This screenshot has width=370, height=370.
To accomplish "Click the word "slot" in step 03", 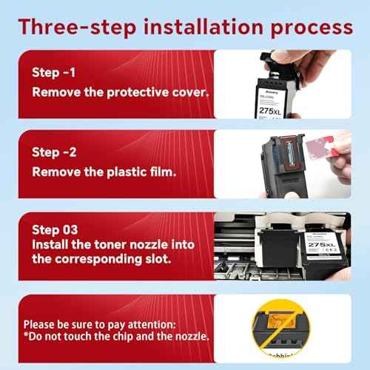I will (154, 260).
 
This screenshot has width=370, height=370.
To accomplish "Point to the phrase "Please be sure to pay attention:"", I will (98, 324).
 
